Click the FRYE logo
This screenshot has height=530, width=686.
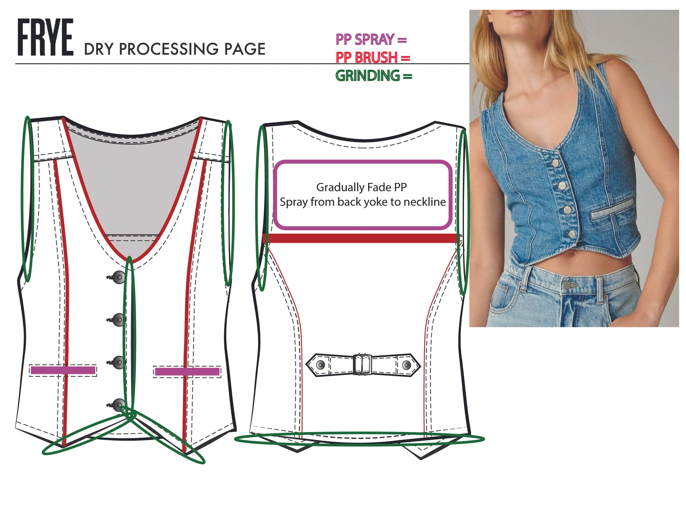[46, 37]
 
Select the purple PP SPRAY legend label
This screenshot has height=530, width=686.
[365, 40]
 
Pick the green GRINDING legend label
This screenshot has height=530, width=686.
[367, 76]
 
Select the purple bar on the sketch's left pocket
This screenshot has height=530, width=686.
[63, 370]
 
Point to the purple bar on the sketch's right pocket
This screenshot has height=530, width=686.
[187, 372]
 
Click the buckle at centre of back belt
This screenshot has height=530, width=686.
[363, 364]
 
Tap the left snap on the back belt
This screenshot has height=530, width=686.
[320, 365]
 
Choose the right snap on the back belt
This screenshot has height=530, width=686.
[406, 365]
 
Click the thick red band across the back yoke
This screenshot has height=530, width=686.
[361, 238]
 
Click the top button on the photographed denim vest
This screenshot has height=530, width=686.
[555, 163]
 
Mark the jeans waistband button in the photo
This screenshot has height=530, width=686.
[567, 285]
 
